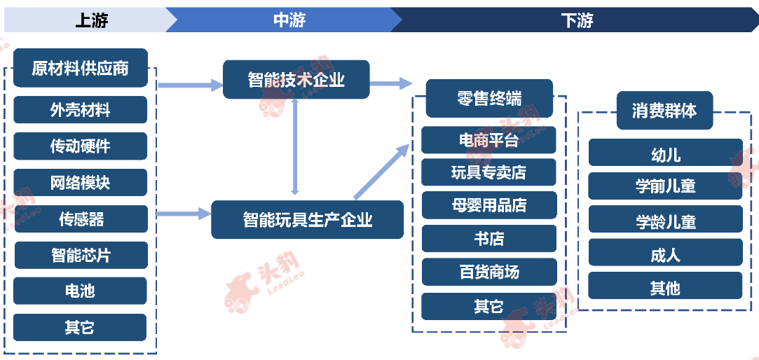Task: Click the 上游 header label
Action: pyautogui.click(x=92, y=20)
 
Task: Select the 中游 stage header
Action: pyautogui.click(x=289, y=20)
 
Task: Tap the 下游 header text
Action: pyautogui.click(x=577, y=20)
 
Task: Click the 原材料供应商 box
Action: pyautogui.click(x=81, y=68)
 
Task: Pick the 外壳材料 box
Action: pyautogui.click(x=81, y=110)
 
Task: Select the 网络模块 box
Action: pyautogui.click(x=81, y=182)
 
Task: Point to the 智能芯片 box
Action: pyautogui.click(x=81, y=255)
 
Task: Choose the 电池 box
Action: pyautogui.click(x=80, y=291)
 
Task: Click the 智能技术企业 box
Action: pyautogui.click(x=296, y=79)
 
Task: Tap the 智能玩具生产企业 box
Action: pyautogui.click(x=308, y=220)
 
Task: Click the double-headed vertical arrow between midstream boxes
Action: pyautogui.click(x=295, y=147)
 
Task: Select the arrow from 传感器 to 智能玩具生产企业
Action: pyautogui.click(x=184, y=213)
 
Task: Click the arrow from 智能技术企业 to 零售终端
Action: pyautogui.click(x=390, y=83)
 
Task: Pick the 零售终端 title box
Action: pyautogui.click(x=489, y=98)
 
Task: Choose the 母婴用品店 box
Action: pyautogui.click(x=489, y=205)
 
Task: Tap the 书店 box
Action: pyautogui.click(x=489, y=239)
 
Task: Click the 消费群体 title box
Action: pyautogui.click(x=664, y=111)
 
